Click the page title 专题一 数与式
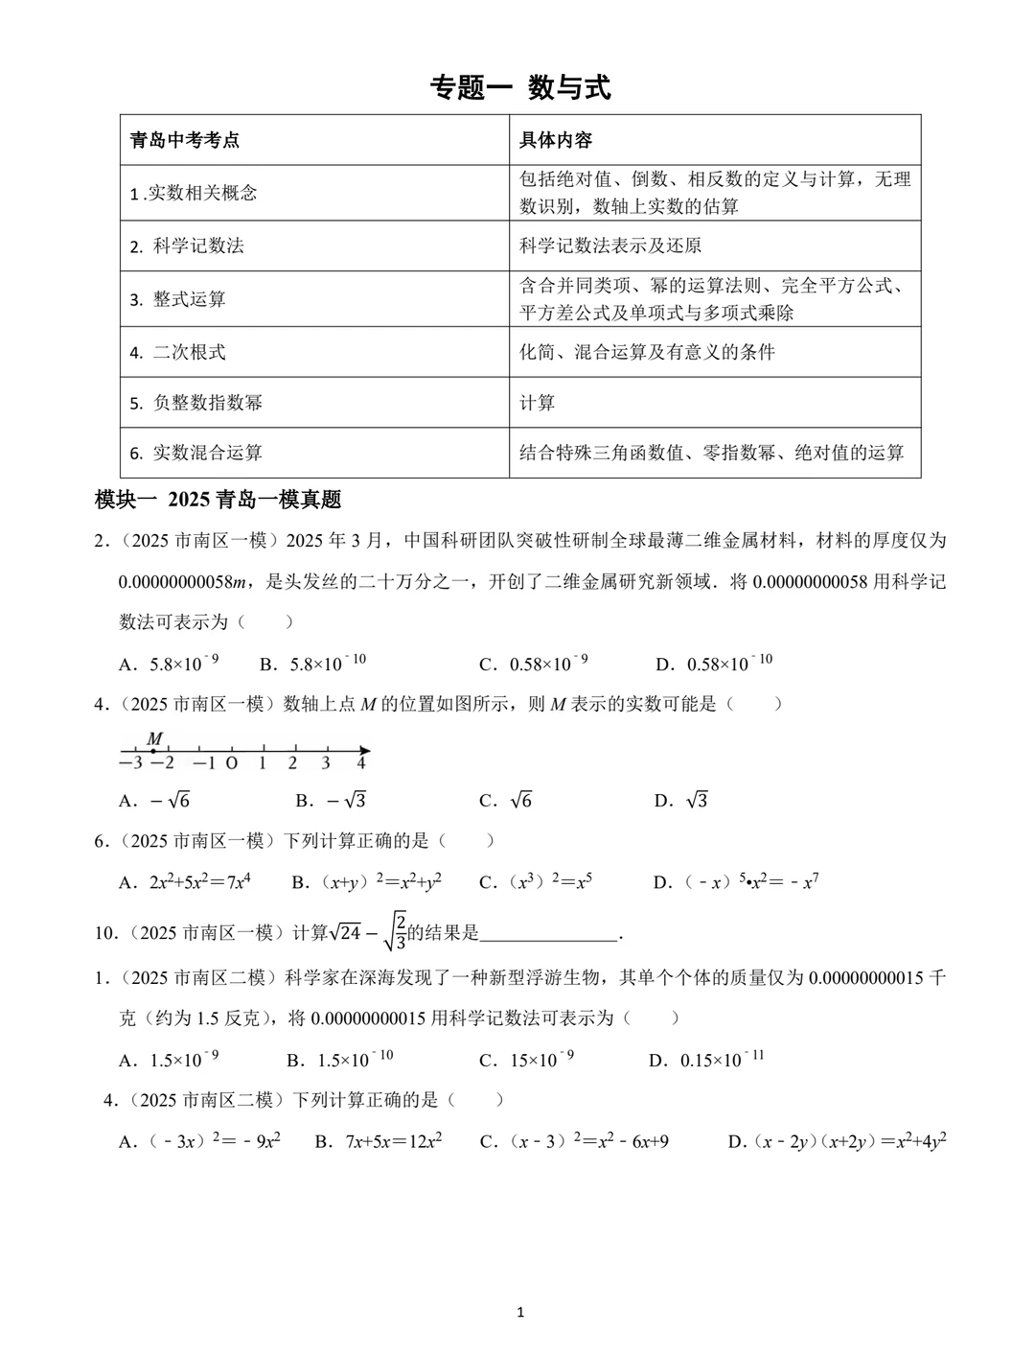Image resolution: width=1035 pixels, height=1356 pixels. pyautogui.click(x=520, y=88)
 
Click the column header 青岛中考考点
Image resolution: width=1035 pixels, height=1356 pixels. pyautogui.click(x=185, y=140)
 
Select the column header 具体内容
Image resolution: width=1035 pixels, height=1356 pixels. pyautogui.click(x=556, y=140)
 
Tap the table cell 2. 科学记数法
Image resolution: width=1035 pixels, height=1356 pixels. pyautogui.click(x=188, y=245)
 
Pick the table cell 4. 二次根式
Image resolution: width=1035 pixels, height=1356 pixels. pyautogui.click(x=178, y=352)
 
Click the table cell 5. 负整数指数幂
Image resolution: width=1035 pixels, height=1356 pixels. pyautogui.click(x=196, y=403)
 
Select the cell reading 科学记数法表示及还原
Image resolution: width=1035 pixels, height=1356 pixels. pyautogui.click(x=610, y=245)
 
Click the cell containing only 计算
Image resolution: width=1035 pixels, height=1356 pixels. pyautogui.click(x=537, y=403)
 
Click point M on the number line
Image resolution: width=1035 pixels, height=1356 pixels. pyautogui.click(x=153, y=751)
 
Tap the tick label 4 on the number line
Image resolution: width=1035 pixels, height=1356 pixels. pyautogui.click(x=360, y=763)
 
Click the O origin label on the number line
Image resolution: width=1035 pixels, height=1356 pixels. pyautogui.click(x=231, y=763)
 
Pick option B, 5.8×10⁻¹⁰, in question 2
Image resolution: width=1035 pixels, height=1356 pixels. pyautogui.click(x=313, y=664)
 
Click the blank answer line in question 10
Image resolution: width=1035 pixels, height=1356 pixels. pyautogui.click(x=550, y=933)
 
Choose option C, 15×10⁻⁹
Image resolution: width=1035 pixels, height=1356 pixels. pyautogui.click(x=527, y=1060)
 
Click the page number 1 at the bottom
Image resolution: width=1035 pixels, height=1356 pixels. pyautogui.click(x=520, y=1312)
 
